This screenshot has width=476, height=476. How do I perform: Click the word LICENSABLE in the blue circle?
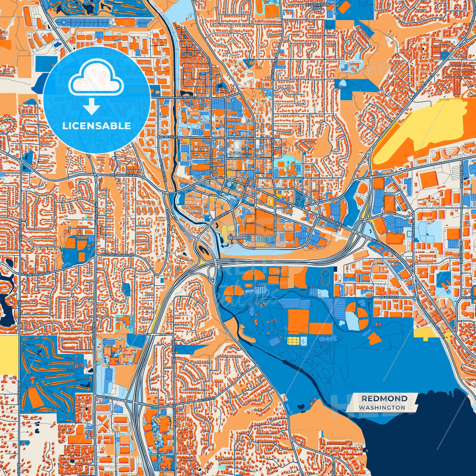pyautogui.click(x=97, y=126)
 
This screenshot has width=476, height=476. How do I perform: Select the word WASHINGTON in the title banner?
pyautogui.click(x=382, y=407)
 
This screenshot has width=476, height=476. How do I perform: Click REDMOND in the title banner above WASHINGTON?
pyautogui.click(x=384, y=399)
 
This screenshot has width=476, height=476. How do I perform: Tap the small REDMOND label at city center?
pyautogui.click(x=238, y=238)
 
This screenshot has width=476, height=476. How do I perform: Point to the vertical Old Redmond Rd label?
pyautogui.click(x=168, y=224)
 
